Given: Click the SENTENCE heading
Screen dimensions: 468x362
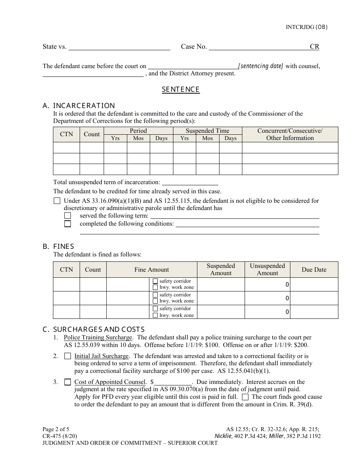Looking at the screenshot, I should point(181,89).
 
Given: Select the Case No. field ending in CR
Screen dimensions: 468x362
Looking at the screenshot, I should point(264,47).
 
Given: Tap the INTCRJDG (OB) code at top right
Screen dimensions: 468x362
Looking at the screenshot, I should point(306,27).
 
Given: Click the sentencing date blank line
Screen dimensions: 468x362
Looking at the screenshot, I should point(192,66).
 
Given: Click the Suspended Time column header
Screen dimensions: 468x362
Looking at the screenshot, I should point(207,131).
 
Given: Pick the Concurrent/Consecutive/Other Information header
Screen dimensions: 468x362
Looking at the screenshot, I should point(290,134).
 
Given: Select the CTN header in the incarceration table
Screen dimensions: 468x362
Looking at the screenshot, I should point(66,134).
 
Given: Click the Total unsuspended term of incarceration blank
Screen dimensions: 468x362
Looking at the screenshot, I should point(190,182).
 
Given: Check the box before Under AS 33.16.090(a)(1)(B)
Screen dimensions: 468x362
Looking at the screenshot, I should point(57,201).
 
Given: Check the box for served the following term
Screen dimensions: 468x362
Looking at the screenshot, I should point(67,216).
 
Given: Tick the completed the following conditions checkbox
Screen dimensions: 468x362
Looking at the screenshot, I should point(67,224).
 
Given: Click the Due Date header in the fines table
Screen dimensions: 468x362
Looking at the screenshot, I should point(314,269).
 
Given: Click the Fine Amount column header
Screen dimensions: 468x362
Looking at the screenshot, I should point(152,269).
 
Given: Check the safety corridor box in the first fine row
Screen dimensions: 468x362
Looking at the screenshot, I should point(155,281).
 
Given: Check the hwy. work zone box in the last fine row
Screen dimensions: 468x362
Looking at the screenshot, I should point(155,315).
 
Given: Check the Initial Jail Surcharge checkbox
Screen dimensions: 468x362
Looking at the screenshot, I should point(67,357).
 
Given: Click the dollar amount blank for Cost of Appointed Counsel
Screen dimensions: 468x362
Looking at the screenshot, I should point(173,382).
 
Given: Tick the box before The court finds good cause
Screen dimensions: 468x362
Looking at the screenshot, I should point(245,397).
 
